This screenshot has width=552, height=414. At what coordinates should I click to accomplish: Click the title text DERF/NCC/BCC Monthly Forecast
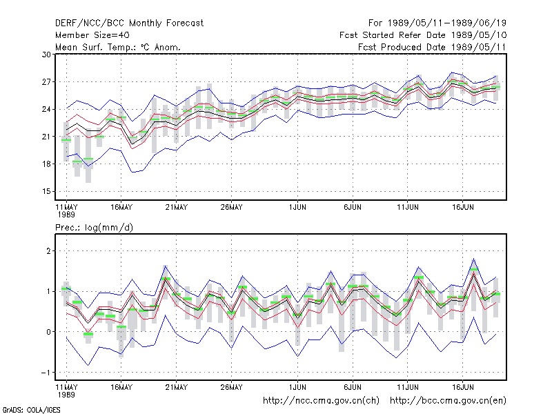tap(129, 23)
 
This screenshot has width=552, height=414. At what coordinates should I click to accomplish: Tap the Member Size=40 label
tap(92, 35)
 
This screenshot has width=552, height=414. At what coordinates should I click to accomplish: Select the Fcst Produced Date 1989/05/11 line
tap(432, 47)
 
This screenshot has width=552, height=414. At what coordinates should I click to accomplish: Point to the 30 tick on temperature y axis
tap(46, 55)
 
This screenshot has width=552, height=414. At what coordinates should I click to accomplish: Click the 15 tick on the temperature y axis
tap(46, 192)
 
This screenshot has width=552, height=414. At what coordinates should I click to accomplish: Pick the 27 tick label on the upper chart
tap(46, 82)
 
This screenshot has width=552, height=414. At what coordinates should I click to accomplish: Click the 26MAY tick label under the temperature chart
tap(232, 208)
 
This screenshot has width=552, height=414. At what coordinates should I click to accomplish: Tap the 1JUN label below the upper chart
tap(297, 208)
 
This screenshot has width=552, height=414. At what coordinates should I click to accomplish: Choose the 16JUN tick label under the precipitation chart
tap(462, 387)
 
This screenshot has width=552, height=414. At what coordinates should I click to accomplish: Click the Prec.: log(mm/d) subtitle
tap(94, 228)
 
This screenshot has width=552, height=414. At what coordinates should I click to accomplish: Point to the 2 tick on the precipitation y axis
tap(48, 251)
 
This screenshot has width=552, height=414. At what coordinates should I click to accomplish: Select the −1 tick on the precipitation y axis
tap(46, 373)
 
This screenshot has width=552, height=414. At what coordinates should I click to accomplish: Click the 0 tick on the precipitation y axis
tap(48, 332)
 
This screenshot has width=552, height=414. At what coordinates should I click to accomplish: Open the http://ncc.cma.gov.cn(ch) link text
tap(322, 401)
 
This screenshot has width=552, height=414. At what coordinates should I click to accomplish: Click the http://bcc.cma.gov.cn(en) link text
tap(448, 401)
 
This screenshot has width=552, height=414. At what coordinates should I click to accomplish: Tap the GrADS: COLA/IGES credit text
tap(31, 410)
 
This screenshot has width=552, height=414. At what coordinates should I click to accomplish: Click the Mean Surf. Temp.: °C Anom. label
tap(117, 47)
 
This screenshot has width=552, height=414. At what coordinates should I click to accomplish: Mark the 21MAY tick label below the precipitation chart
tap(177, 387)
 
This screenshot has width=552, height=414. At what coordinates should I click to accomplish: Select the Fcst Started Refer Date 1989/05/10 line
tap(423, 35)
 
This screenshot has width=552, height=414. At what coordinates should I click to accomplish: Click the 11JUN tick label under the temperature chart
tap(408, 208)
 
